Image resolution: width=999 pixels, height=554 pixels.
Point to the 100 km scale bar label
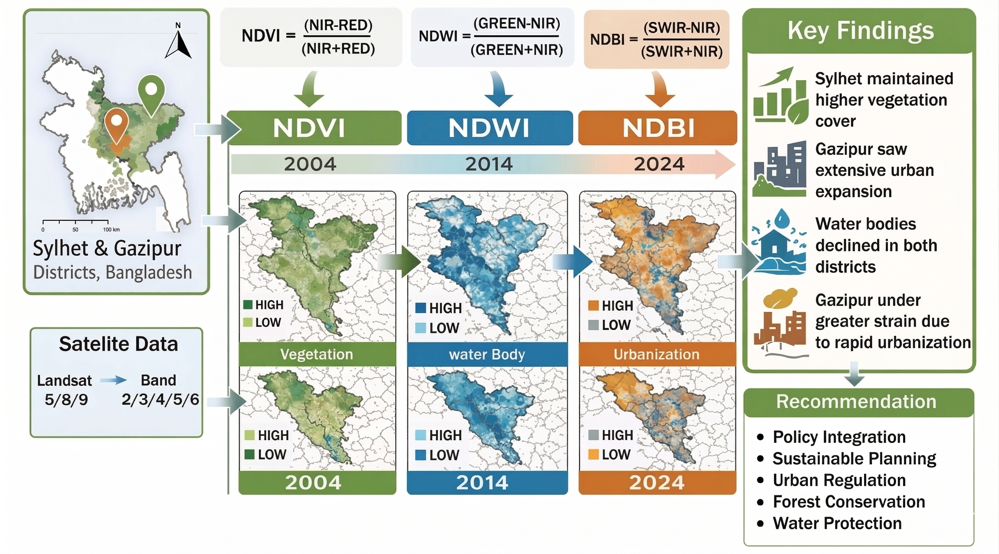(111, 230)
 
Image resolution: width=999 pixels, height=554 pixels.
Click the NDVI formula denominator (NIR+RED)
(338, 49)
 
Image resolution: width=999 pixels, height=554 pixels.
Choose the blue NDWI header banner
(489, 128)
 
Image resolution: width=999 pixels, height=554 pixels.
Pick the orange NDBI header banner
(658, 128)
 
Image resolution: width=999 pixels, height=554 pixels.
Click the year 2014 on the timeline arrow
(489, 164)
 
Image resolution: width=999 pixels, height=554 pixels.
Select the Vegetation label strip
(317, 354)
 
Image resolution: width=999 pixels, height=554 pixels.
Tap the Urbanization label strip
(657, 354)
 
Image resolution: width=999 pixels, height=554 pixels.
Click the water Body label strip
(487, 354)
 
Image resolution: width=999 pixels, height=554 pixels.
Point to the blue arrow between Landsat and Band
(113, 380)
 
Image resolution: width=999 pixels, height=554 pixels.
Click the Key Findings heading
(861, 31)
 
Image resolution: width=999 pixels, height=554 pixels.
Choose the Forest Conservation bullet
(849, 502)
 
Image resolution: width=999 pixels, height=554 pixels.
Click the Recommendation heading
(856, 401)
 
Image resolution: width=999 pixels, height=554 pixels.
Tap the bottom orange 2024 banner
(657, 483)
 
